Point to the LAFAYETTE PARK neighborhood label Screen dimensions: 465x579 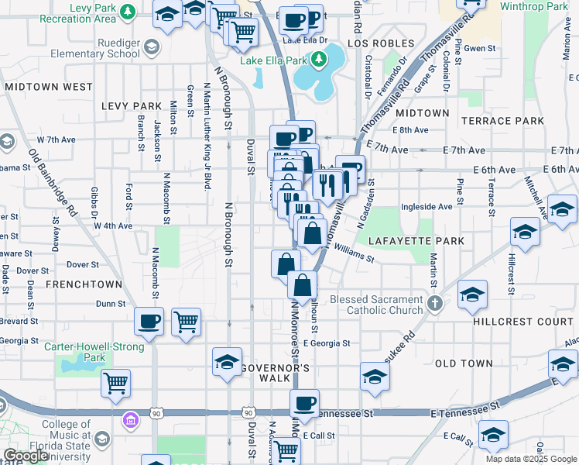click(416, 241)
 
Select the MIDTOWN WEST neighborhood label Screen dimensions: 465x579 click(49, 87)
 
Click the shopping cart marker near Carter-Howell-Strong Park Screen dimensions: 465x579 click(115, 382)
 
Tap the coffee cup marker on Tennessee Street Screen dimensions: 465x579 click(305, 402)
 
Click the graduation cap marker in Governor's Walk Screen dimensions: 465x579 click(228, 362)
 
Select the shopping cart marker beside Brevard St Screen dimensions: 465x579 click(186, 320)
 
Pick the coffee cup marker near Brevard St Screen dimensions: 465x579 click(149, 320)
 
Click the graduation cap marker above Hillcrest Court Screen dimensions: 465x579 click(472, 294)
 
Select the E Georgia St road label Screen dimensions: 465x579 click(327, 343)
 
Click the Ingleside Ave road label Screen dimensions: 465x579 click(427, 207)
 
